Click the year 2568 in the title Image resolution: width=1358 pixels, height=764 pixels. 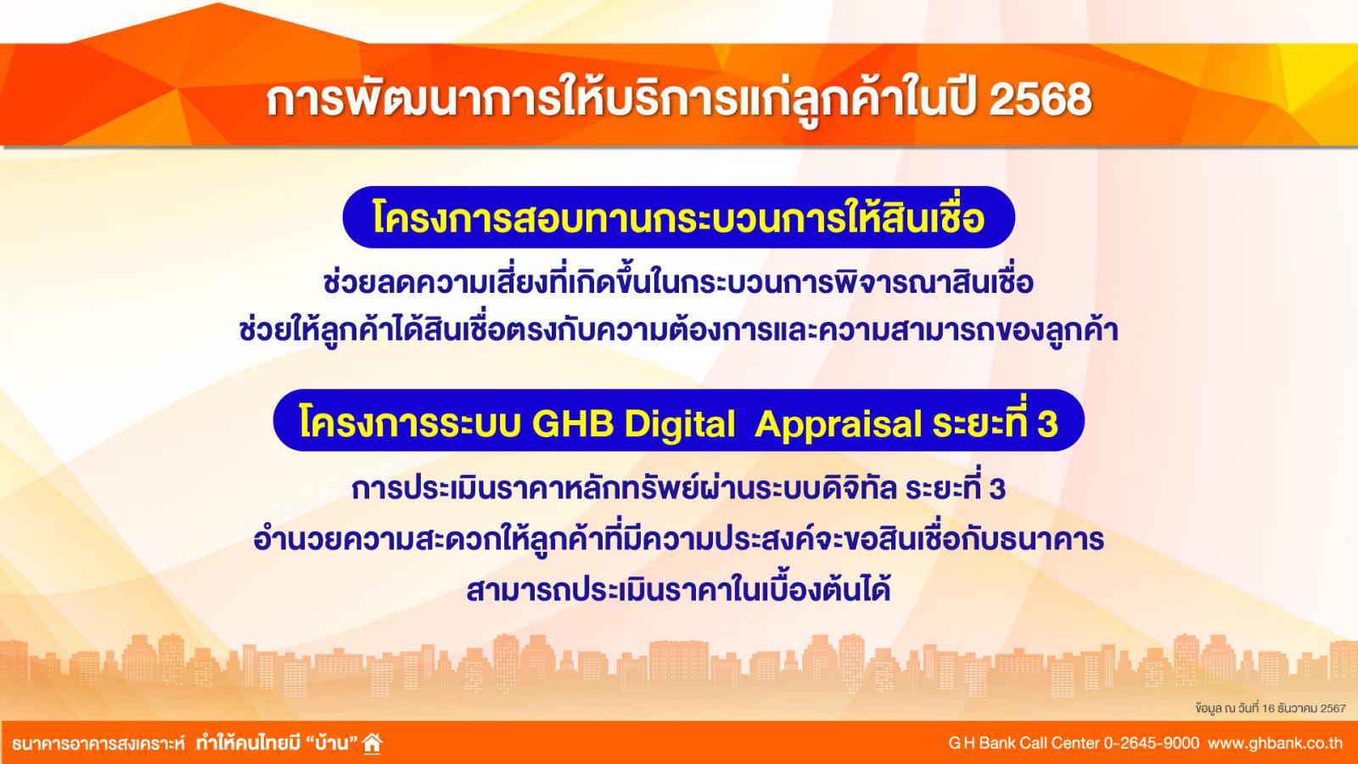(1040, 100)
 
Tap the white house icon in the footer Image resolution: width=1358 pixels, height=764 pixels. (373, 743)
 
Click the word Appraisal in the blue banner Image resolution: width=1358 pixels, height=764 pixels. (839, 424)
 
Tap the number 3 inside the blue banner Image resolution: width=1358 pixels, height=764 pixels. (1047, 424)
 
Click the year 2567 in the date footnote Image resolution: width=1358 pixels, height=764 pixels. (1333, 708)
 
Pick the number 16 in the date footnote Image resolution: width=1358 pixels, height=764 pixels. (1268, 708)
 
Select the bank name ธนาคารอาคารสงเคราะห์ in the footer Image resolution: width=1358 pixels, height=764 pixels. (98, 744)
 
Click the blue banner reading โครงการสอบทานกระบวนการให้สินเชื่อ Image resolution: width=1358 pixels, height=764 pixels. (678, 217)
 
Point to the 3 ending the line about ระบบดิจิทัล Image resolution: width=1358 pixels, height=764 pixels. (996, 489)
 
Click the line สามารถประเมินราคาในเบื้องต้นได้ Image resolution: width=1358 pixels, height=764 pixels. (678, 589)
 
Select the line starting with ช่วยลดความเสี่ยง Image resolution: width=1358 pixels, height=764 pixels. (678, 283)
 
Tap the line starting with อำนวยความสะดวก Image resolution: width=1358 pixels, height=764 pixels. (678, 538)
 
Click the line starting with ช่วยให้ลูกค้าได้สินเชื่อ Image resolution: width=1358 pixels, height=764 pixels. (678, 331)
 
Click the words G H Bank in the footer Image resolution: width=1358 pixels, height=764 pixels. (982, 743)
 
